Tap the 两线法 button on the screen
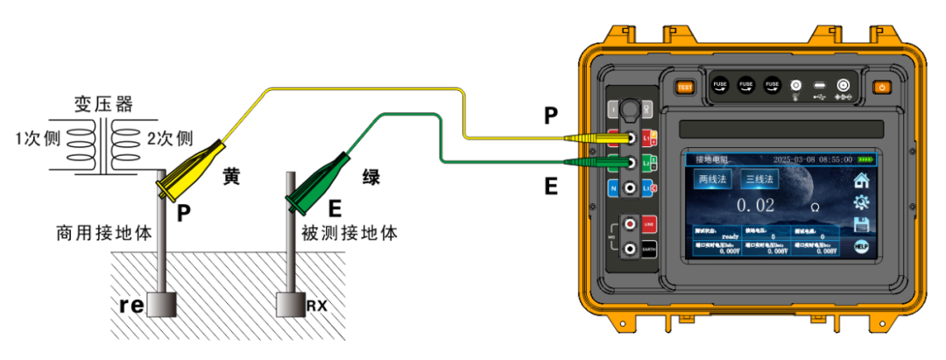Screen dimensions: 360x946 click(x=712, y=180)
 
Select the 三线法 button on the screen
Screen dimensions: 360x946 click(x=759, y=180)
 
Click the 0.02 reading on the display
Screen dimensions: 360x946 click(x=754, y=205)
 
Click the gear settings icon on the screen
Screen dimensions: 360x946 click(x=862, y=201)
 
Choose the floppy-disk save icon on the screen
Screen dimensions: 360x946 click(x=862, y=224)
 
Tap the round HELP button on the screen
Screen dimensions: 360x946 click(x=862, y=247)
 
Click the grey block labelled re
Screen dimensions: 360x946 click(x=162, y=304)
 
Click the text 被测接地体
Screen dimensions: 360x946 click(x=349, y=234)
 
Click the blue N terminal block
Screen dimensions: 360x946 click(x=613, y=188)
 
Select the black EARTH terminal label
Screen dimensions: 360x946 click(x=649, y=250)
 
